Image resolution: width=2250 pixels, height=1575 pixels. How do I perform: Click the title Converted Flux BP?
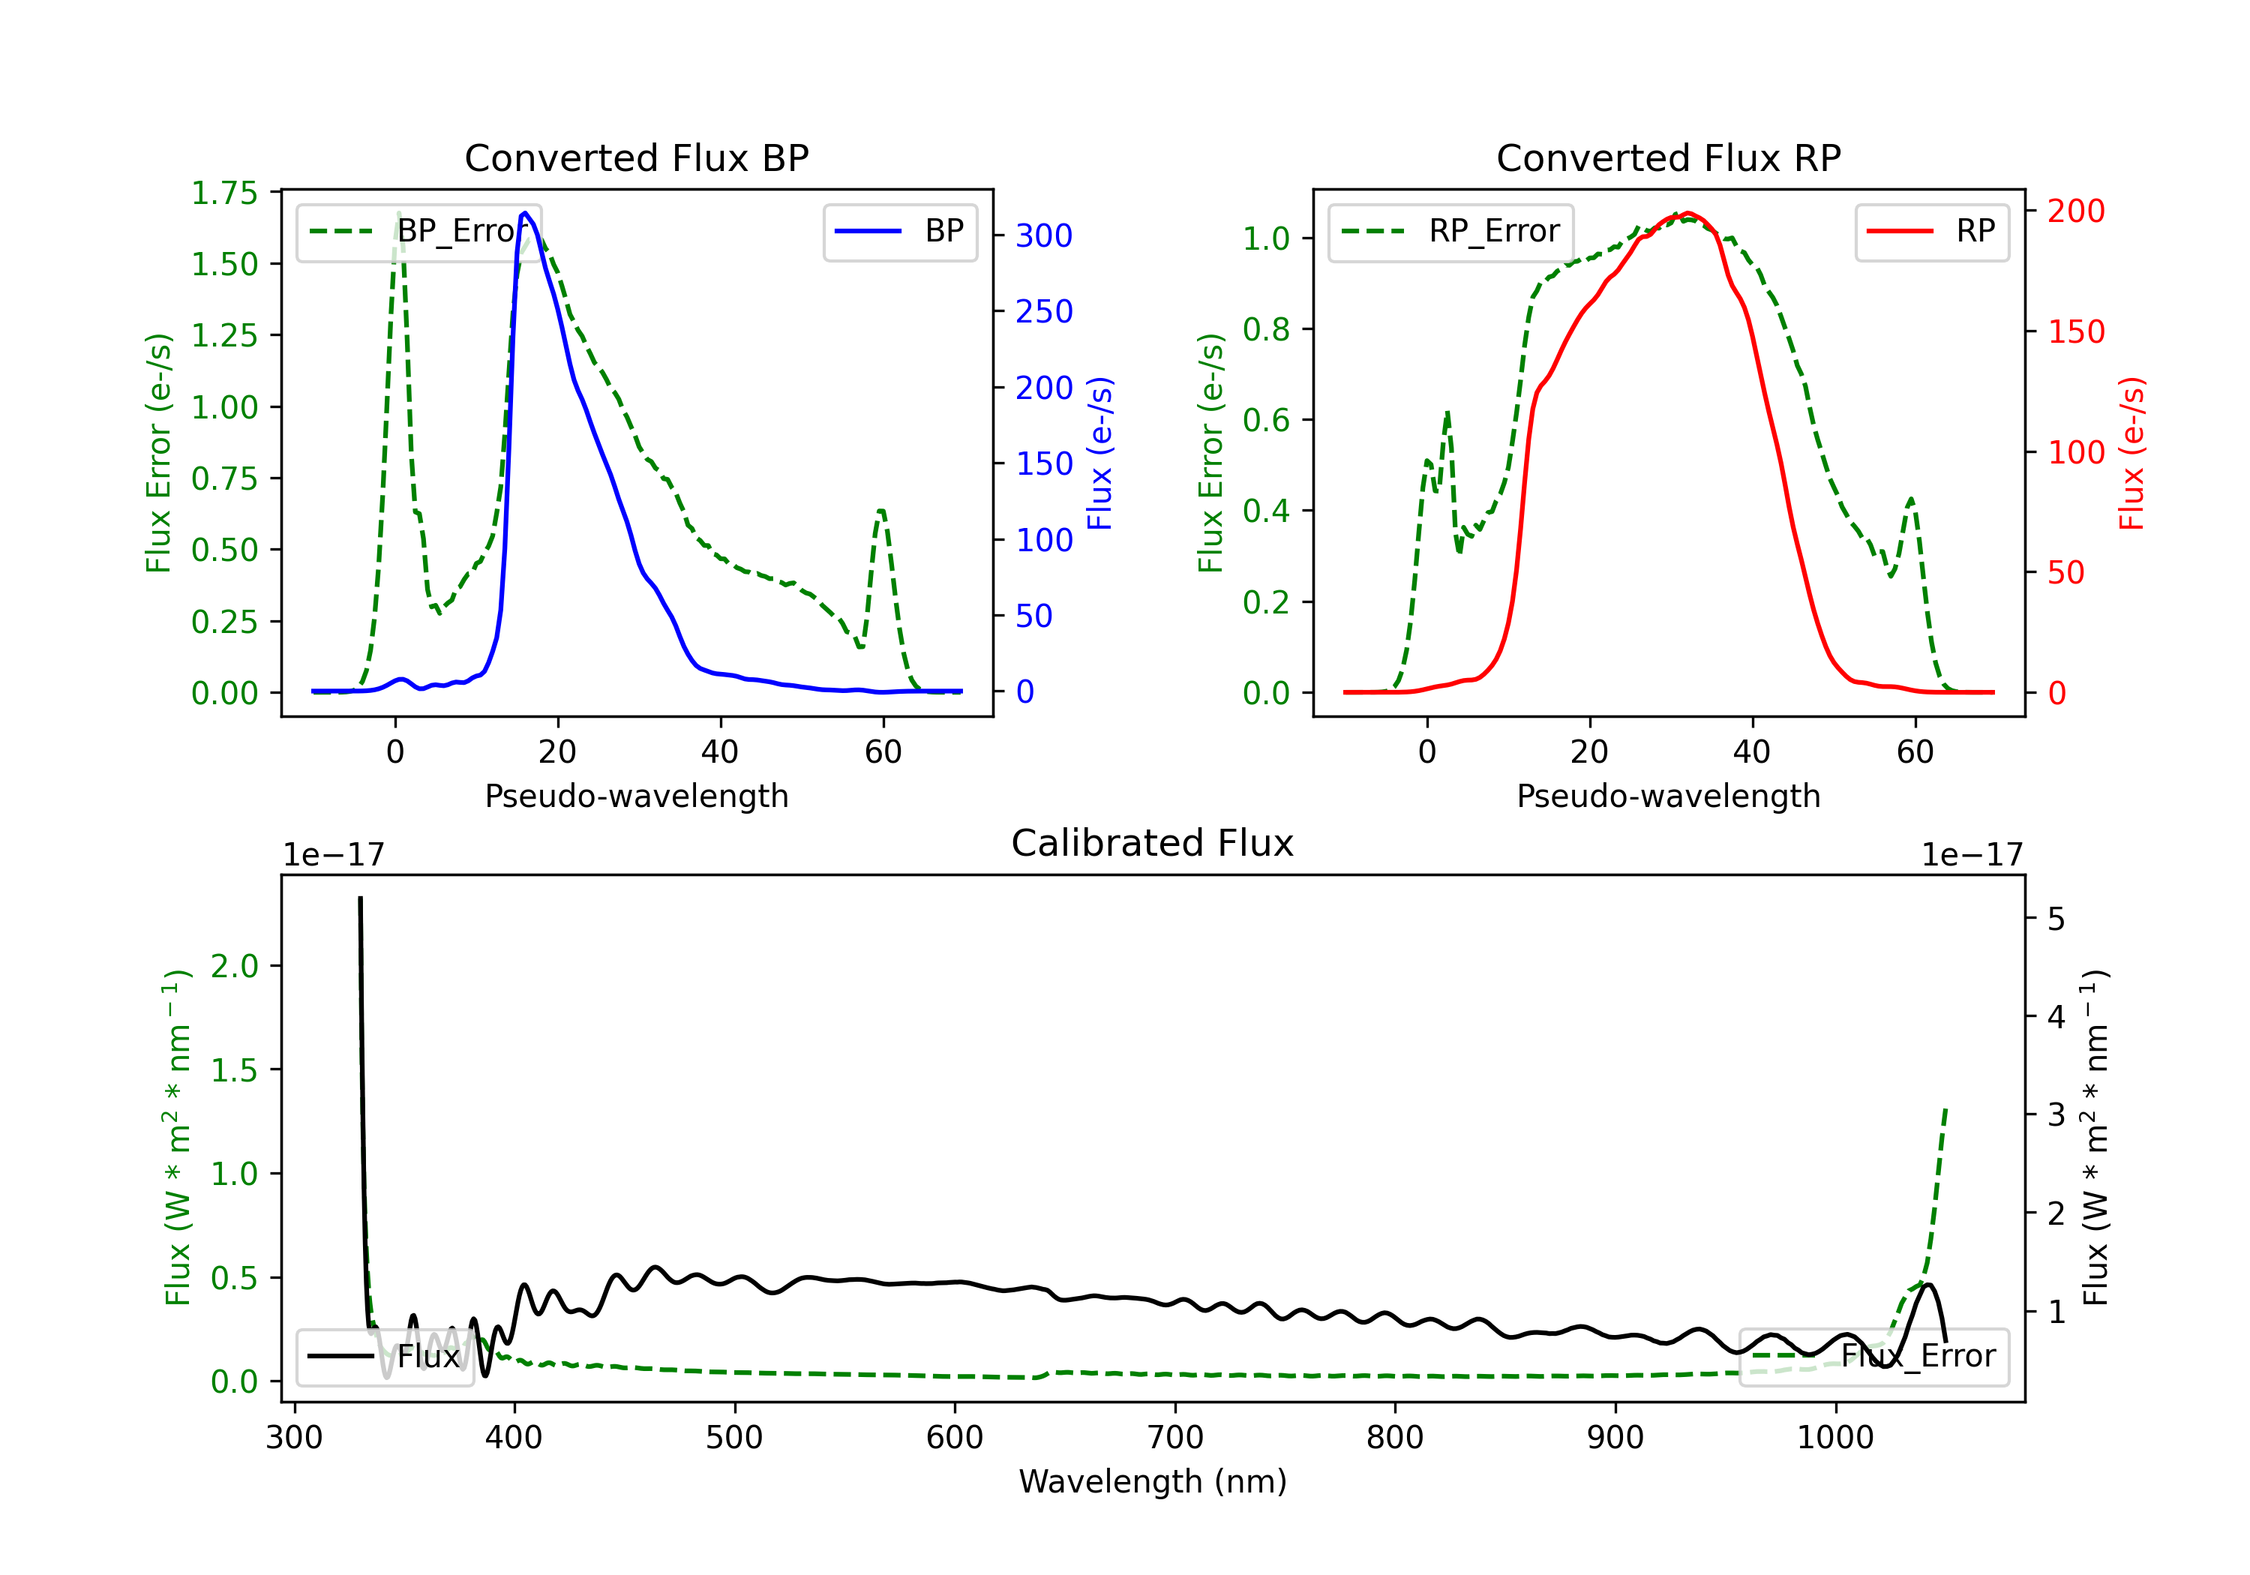636,157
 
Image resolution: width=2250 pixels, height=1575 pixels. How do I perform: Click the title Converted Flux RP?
1668,157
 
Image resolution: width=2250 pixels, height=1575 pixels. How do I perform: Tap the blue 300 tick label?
1044,236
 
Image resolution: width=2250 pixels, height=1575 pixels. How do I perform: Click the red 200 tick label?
2075,211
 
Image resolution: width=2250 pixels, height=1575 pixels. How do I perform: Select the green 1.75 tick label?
224,193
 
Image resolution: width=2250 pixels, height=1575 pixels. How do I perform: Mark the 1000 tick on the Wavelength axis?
1834,1438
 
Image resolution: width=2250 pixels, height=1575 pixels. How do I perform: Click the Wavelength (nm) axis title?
1153,1481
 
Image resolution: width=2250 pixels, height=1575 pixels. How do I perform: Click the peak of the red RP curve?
1687,213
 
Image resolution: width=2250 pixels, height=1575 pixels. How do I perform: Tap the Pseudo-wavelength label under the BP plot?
636,796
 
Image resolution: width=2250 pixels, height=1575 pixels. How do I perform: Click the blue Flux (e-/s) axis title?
1099,453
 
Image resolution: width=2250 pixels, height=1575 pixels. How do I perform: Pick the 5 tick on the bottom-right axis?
2056,919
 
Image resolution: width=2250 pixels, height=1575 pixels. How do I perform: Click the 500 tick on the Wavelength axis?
734,1438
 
